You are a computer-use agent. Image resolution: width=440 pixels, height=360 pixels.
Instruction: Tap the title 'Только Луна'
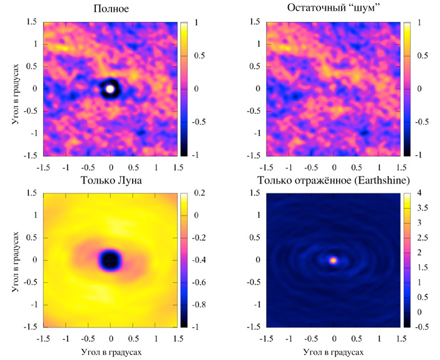(111, 182)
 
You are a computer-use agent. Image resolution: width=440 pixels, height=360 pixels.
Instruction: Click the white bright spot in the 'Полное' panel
(111, 89)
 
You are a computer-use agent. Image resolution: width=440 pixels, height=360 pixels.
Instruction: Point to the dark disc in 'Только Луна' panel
(111, 259)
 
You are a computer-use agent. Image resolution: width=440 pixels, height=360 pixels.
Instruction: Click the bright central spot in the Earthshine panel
(334, 259)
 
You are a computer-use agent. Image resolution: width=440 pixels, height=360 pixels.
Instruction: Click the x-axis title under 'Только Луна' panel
(111, 352)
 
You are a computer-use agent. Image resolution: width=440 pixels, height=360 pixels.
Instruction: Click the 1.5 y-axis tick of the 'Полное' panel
(33, 23)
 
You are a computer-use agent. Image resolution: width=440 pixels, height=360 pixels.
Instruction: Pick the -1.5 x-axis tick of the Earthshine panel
(266, 338)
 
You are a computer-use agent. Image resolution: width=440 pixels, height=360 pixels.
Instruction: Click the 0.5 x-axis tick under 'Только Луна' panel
(133, 338)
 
